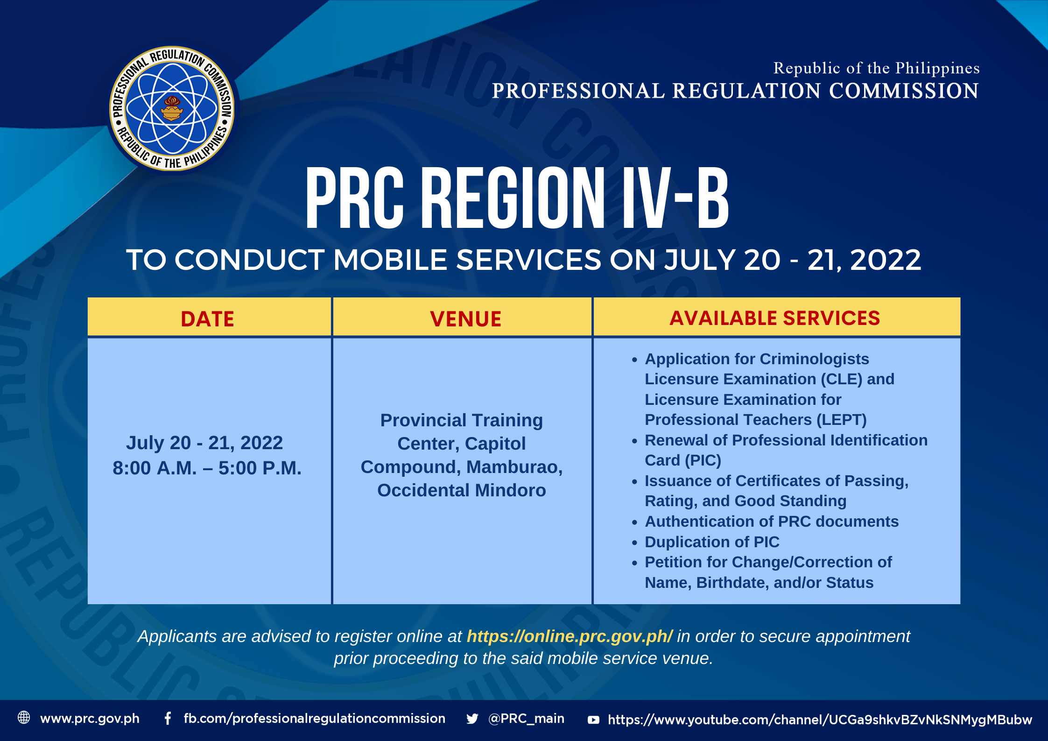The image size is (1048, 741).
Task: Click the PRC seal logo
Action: click(x=172, y=108)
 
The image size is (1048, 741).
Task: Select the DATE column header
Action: click(x=208, y=319)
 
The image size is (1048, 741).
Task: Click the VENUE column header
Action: click(x=465, y=319)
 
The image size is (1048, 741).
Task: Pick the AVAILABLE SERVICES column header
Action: click(x=775, y=318)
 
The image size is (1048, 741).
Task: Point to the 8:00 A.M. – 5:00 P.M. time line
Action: click(x=207, y=468)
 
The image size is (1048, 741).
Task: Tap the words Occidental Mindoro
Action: click(x=462, y=490)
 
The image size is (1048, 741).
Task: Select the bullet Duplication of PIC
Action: click(x=712, y=542)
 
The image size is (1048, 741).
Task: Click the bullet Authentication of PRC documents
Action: click(x=772, y=521)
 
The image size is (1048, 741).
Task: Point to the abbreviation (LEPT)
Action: click(x=842, y=420)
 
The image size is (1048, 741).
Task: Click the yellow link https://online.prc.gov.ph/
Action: click(x=570, y=636)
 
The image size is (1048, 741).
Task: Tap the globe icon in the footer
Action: click(x=24, y=718)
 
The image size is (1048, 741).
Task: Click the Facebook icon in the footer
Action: click(x=168, y=718)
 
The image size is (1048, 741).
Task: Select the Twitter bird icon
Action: click(x=472, y=719)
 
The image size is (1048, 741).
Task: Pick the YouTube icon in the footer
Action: click(x=593, y=720)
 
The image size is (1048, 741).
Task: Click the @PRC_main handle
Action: click(x=526, y=718)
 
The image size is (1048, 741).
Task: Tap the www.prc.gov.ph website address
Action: click(x=90, y=719)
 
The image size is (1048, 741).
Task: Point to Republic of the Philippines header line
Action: click(x=876, y=68)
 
